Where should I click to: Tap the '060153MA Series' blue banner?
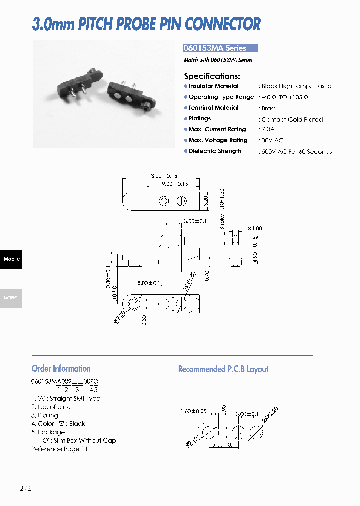[x=220, y=48]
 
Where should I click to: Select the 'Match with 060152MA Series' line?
[x=218, y=60]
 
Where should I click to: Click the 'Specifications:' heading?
[x=212, y=76]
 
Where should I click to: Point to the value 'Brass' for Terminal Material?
[x=268, y=108]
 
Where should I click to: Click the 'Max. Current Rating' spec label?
[x=217, y=129]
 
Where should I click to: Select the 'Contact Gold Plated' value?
[x=292, y=119]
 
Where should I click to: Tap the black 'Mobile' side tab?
[x=11, y=259]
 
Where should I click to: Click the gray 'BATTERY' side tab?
[x=11, y=298]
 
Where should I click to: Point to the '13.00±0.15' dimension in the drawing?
[x=163, y=176]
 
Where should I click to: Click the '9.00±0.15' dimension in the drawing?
[x=174, y=184]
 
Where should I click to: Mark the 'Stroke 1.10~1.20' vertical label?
[x=222, y=209]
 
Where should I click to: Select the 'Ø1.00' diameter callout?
[x=254, y=228]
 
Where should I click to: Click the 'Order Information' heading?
[x=61, y=369]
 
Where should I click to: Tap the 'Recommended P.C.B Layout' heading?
[x=223, y=369]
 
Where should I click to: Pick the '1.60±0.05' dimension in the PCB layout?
[x=194, y=412]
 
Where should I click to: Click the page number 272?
[x=26, y=488]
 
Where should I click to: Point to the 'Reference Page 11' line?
[x=59, y=449]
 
